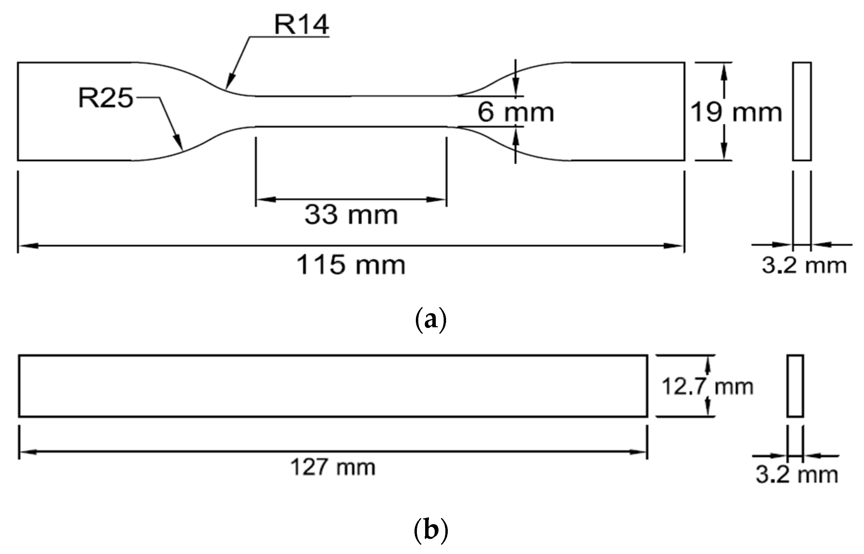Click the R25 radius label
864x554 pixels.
pos(105,98)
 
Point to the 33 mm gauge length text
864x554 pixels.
pos(351,215)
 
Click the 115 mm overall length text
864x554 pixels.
pos(351,265)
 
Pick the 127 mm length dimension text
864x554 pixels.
pos(332,467)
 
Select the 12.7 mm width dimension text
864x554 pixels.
pos(707,387)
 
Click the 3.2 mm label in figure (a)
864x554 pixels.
pos(804,266)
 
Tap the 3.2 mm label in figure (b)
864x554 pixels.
pos(797,474)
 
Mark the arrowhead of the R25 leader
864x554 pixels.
pos(179,144)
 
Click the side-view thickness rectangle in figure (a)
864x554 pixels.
pos(802,111)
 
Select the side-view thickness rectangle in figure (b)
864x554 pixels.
pos(795,386)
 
